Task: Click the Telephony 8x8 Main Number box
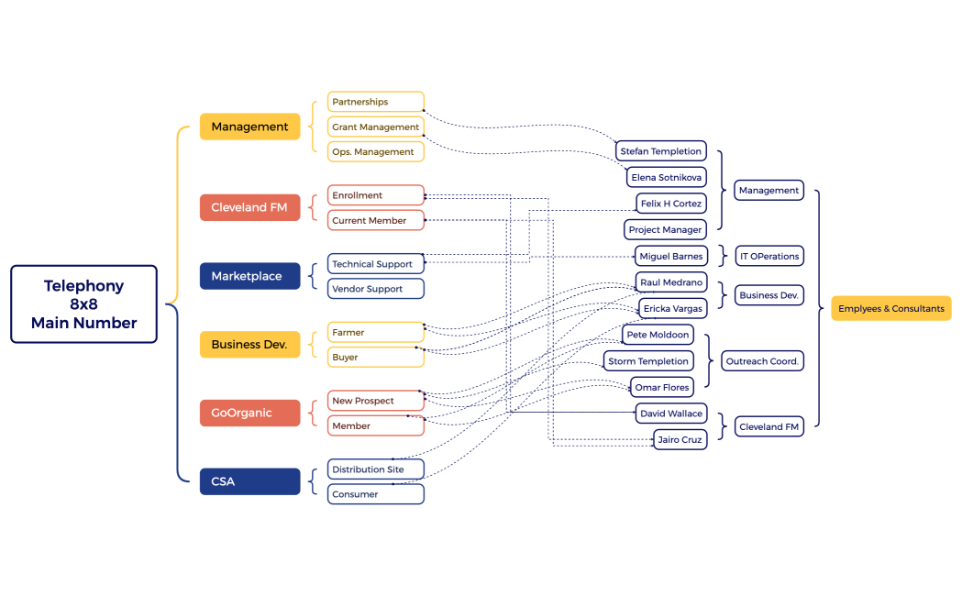coord(83,304)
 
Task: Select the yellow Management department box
coord(249,127)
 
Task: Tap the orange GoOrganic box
coord(249,413)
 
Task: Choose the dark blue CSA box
coord(249,481)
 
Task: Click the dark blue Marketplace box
coord(249,276)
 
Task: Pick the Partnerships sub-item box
coord(376,102)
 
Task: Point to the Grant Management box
coord(376,127)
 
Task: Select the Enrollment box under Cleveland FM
coord(376,195)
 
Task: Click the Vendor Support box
coord(376,289)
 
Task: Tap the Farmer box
coord(376,332)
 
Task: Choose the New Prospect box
coord(376,401)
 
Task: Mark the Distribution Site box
coord(376,469)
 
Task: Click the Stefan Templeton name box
coord(660,151)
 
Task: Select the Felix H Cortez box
coord(670,203)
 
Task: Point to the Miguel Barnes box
coord(670,257)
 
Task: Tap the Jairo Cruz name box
coord(680,440)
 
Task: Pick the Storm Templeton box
coord(648,361)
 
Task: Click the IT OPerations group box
coord(769,257)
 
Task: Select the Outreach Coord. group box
coord(762,361)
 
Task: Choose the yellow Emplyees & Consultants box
coord(890,309)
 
